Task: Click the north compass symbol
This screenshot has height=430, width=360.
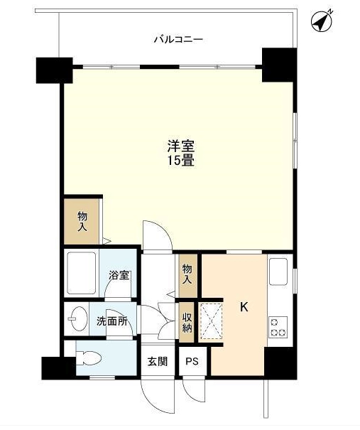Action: (323, 21)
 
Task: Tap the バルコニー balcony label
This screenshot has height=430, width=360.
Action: (179, 39)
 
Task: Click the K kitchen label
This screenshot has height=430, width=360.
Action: (244, 307)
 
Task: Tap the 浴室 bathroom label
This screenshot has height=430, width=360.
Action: (119, 275)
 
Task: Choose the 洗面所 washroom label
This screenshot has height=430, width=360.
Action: (111, 321)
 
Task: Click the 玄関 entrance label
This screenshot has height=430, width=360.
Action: (158, 361)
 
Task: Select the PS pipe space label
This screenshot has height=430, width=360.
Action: (191, 361)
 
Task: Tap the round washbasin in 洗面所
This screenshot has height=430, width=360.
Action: (78, 320)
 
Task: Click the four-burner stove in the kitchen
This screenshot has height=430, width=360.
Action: (276, 326)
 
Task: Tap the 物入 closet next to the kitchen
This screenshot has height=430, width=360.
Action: (187, 274)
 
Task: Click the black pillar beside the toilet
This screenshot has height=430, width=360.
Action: (57, 367)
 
